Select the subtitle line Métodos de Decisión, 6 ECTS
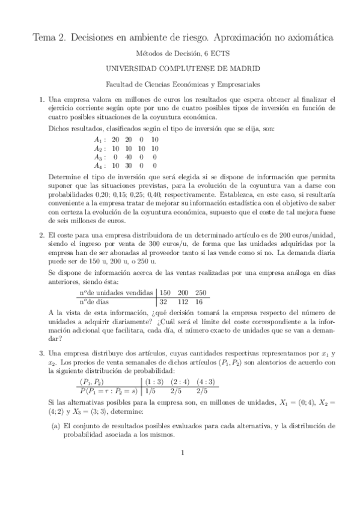pos(180,53)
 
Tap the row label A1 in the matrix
pos(98,140)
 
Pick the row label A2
pos(98,148)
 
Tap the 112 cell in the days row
pos(183,301)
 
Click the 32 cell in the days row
pos(164,301)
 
